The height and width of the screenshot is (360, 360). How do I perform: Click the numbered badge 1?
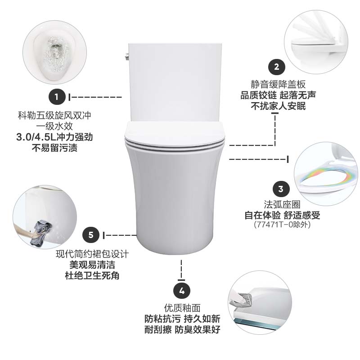(57, 97)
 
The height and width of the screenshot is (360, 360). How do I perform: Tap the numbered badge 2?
(276, 67)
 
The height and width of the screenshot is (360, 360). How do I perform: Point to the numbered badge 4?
(182, 291)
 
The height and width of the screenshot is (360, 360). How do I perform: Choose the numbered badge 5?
(91, 235)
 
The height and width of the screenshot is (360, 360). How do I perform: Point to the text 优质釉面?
(182, 308)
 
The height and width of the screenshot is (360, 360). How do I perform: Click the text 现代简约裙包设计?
(92, 254)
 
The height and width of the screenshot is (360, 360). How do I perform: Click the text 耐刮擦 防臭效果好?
(182, 330)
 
